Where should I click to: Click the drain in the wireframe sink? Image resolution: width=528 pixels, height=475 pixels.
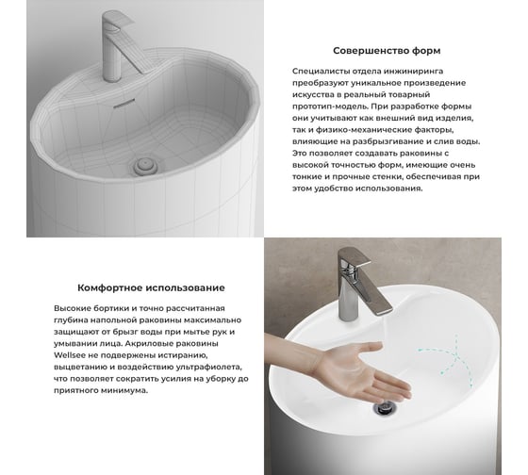point(145,165)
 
